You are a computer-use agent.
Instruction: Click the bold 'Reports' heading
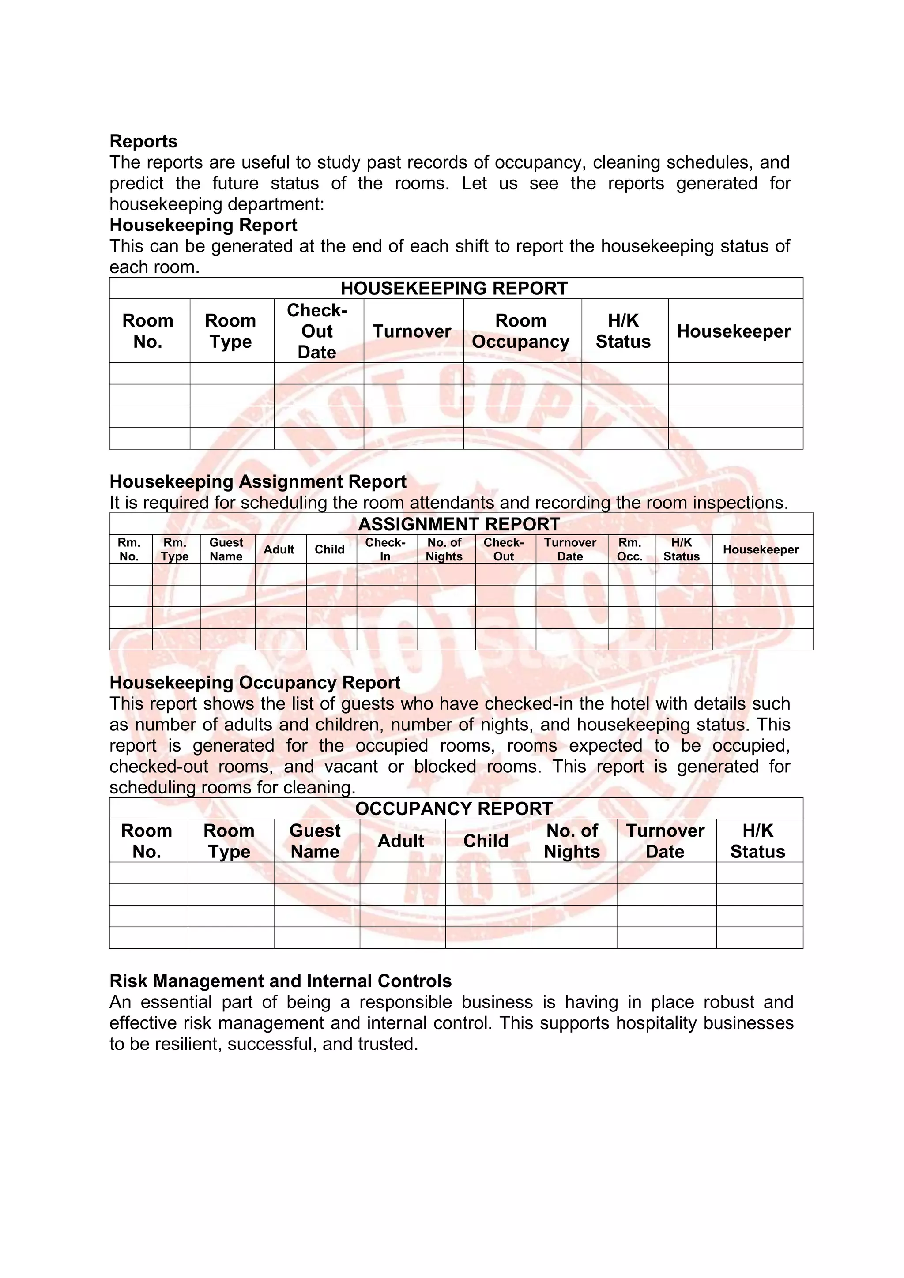point(143,141)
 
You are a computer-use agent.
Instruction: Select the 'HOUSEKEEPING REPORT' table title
point(454,288)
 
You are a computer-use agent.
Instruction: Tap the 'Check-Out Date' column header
point(317,331)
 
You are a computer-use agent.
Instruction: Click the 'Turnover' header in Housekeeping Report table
point(411,331)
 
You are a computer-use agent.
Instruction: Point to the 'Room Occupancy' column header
point(520,331)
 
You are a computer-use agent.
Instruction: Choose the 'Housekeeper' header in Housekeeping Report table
point(733,331)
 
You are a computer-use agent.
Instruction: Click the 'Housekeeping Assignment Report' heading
point(258,481)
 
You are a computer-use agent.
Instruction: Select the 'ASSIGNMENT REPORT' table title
point(459,524)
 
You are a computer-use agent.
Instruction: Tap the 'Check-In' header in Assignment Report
point(385,549)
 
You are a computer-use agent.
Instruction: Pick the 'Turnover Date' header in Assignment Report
point(570,549)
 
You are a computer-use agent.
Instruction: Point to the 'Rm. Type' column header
point(175,549)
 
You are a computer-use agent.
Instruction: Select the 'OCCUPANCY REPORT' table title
point(454,808)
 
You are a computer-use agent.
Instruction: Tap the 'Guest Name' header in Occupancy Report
point(315,841)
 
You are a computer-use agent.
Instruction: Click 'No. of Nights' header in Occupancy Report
point(572,841)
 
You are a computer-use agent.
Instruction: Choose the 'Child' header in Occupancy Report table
point(486,841)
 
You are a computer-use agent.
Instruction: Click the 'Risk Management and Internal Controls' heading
point(281,981)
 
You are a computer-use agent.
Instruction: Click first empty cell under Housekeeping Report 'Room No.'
point(149,373)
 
